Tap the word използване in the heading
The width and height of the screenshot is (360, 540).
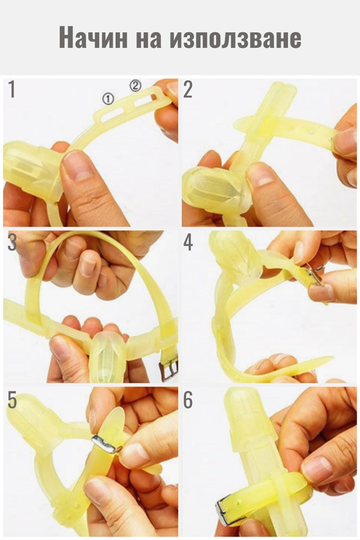(x=235, y=39)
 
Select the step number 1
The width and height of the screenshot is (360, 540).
(x=12, y=89)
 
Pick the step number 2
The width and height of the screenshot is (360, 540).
(x=188, y=89)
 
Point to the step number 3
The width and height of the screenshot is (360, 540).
(x=12, y=242)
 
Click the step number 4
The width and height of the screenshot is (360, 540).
(x=188, y=242)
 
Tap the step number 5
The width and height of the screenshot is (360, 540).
(x=12, y=399)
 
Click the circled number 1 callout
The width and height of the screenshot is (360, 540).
(x=108, y=99)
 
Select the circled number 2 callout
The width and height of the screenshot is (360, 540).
(x=135, y=86)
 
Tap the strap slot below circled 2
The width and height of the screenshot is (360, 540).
(x=141, y=102)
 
